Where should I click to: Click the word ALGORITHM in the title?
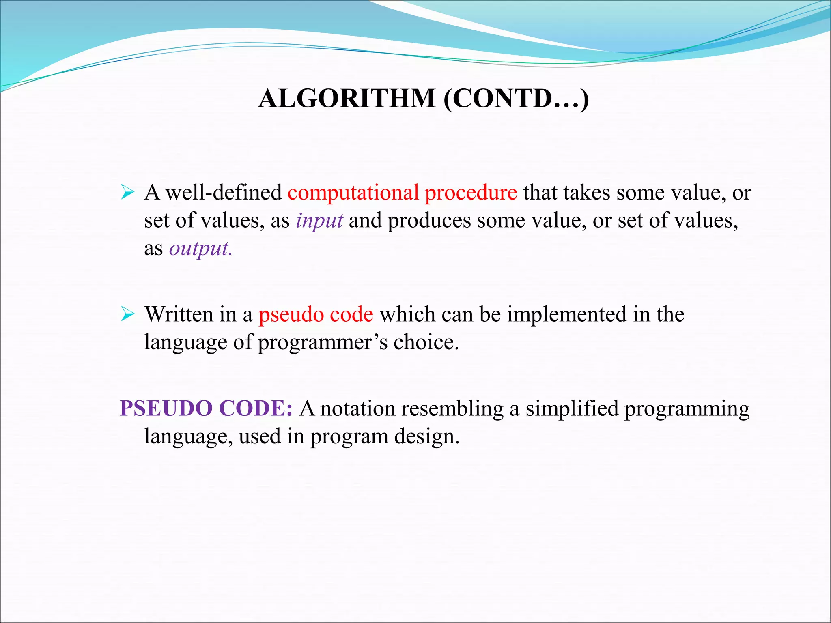click(347, 99)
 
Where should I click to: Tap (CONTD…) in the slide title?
click(516, 99)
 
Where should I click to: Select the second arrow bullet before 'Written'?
click(127, 314)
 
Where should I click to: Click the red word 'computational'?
click(353, 193)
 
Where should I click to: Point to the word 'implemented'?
click(567, 315)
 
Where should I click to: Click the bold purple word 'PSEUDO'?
click(166, 408)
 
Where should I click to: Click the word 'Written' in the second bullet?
click(179, 314)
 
